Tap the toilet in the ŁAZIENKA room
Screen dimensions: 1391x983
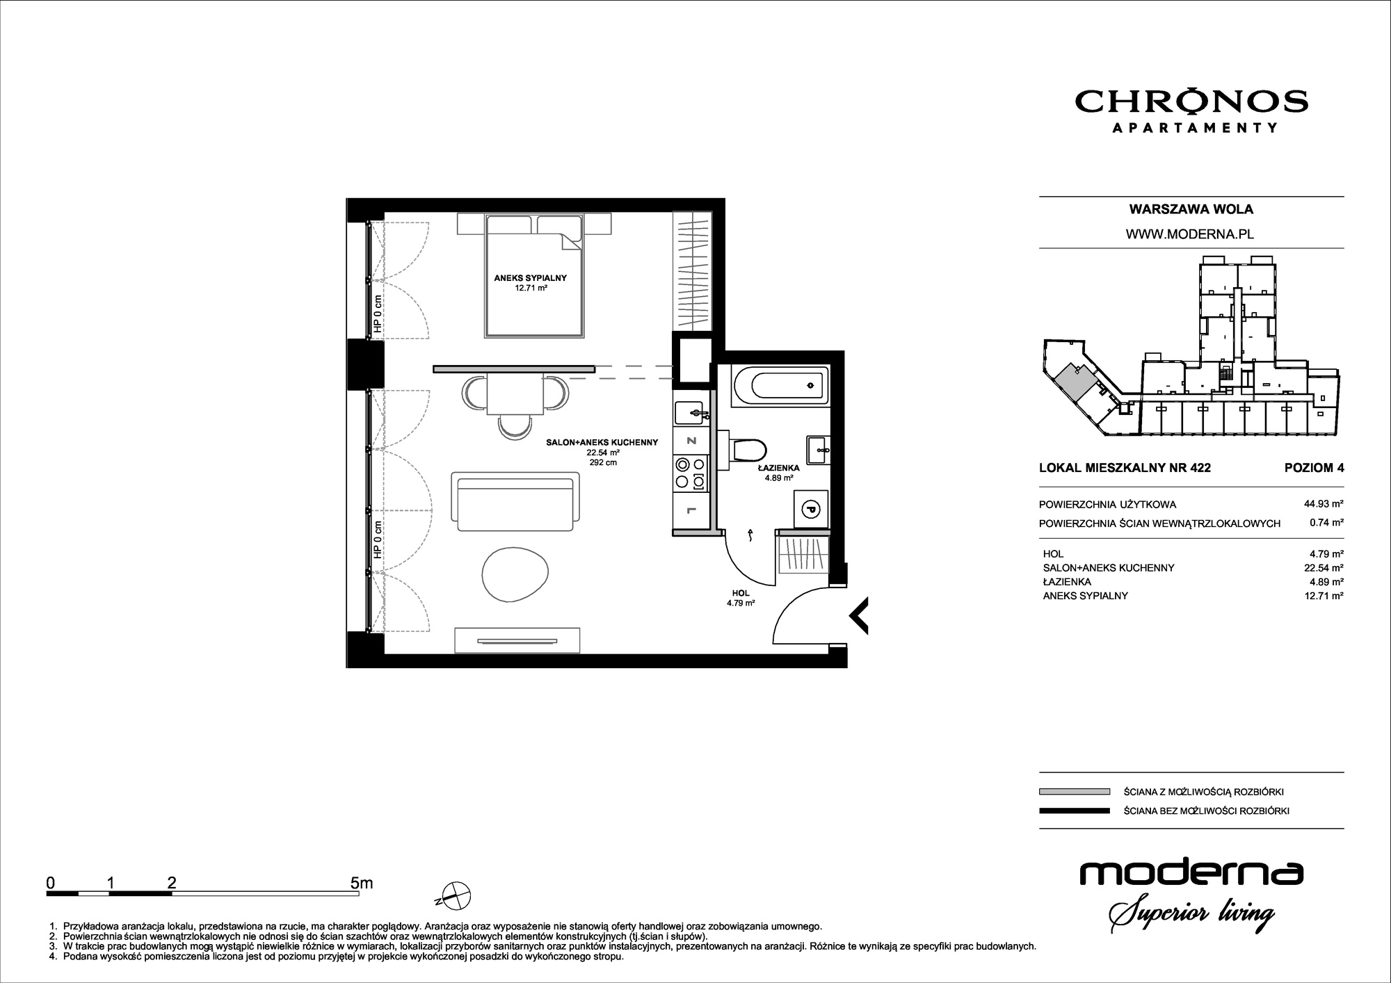[x=747, y=449]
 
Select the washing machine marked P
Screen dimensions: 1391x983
[x=811, y=508]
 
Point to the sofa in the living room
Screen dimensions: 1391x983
[x=515, y=500]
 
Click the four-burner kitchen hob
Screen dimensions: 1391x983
[x=691, y=472]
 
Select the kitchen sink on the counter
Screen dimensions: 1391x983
[x=691, y=414]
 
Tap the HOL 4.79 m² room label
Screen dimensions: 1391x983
[x=741, y=599]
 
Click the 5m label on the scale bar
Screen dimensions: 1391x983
[x=362, y=883]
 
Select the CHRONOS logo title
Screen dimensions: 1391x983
[x=1191, y=102]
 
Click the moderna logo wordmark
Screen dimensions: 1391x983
[x=1191, y=874]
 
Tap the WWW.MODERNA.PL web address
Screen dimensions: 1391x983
[x=1190, y=234]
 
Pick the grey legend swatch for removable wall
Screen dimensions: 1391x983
[x=1074, y=791]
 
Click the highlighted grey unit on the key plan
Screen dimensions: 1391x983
[x=1075, y=382]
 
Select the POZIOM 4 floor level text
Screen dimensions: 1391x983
[x=1314, y=468]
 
